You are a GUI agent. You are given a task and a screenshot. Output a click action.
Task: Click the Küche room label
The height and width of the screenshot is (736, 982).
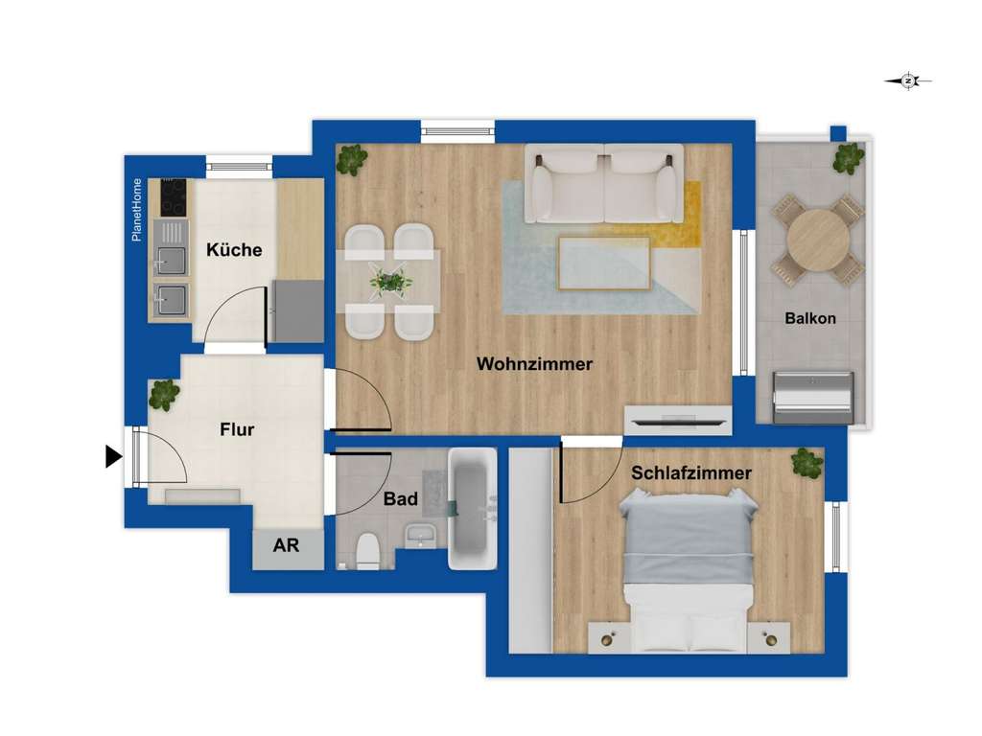click(234, 250)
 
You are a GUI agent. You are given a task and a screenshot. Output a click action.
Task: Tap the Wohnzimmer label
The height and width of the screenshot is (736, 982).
click(534, 364)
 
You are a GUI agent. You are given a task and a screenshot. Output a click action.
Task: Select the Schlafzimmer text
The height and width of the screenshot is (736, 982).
click(690, 473)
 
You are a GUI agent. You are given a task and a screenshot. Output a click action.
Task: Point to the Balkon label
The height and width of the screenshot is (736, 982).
click(809, 319)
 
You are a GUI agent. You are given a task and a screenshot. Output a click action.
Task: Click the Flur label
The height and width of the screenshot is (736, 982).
click(237, 430)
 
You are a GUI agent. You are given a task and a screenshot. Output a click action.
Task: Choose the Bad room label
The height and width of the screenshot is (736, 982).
click(400, 499)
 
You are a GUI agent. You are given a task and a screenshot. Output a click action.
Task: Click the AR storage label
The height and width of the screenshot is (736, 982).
click(286, 546)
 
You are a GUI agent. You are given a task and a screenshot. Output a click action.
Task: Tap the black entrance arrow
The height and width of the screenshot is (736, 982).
click(113, 458)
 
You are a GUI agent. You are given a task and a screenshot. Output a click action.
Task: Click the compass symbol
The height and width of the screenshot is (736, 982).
click(908, 81)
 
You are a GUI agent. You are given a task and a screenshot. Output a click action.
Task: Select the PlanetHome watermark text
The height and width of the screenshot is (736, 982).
click(137, 210)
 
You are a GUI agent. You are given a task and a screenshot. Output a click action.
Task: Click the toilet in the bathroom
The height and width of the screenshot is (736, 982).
click(367, 551)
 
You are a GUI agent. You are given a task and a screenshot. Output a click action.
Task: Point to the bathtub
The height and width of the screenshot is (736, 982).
click(472, 508)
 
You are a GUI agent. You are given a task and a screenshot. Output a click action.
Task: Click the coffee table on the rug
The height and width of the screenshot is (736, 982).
click(604, 263)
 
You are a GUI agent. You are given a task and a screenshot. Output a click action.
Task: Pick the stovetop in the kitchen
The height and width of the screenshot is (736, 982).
click(174, 197)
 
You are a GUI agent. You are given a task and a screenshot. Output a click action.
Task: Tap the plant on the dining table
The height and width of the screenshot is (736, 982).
click(391, 282)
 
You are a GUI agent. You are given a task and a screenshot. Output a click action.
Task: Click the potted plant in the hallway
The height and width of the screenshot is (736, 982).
click(164, 394)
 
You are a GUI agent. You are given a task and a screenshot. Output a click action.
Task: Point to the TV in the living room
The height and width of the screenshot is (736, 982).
click(679, 420)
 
